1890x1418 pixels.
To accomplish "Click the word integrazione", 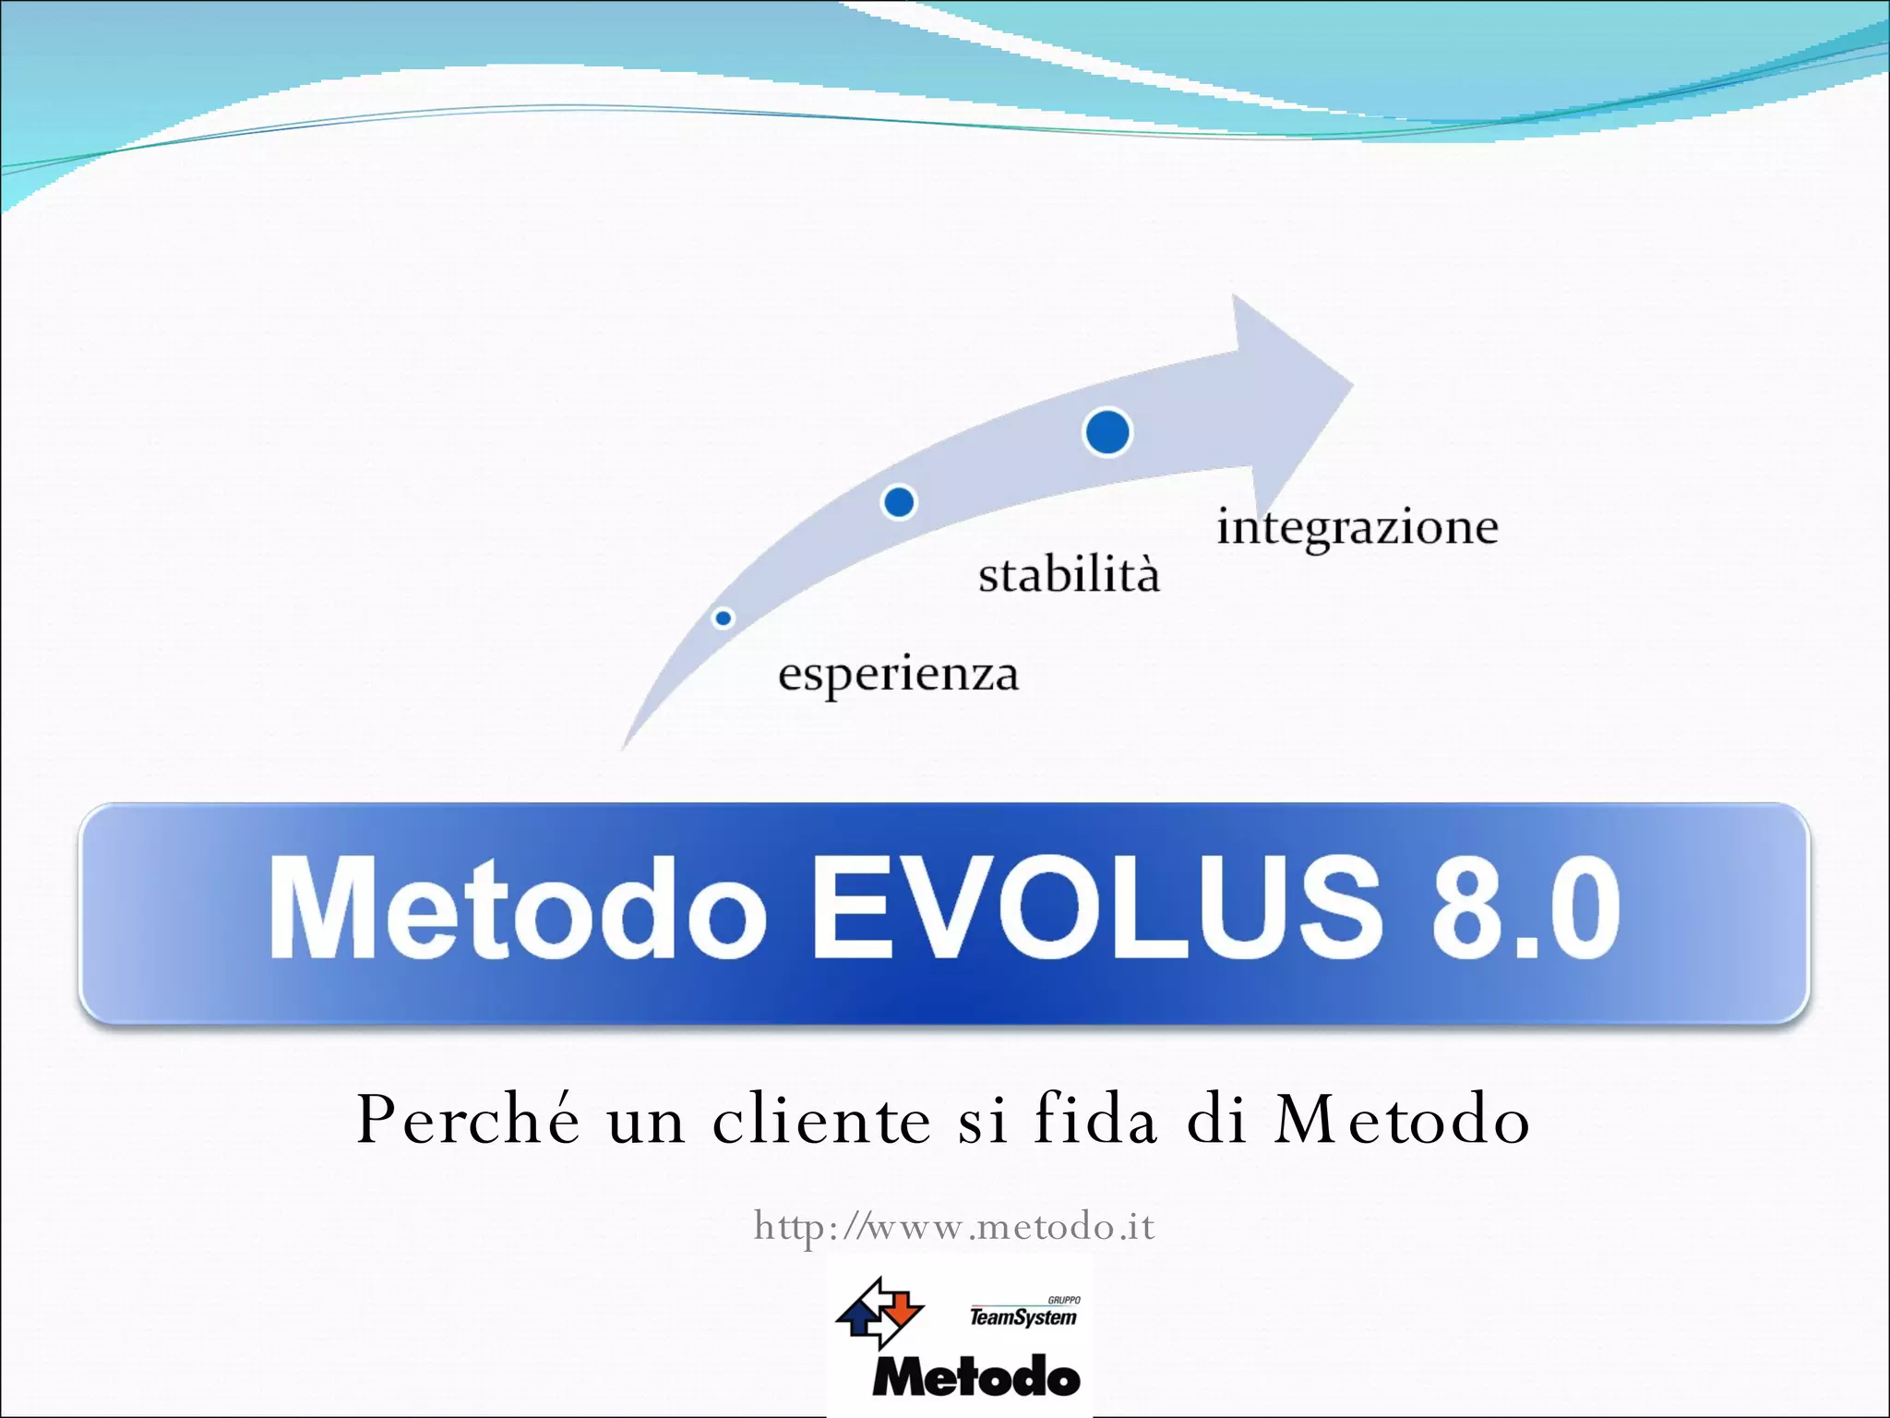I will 1357,528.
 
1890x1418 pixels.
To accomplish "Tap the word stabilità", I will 1069,575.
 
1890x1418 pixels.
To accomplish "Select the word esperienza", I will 898,674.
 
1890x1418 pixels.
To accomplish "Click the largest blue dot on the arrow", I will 1107,432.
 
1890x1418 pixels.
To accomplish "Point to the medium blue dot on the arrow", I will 899,502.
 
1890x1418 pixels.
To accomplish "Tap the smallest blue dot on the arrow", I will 724,619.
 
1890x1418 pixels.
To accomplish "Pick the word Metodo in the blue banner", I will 517,908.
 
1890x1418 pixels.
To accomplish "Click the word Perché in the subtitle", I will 469,1120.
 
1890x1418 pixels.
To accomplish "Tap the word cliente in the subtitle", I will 821,1120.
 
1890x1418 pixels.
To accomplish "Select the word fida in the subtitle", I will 1095,1120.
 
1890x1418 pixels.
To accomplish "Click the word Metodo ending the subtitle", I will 1402,1120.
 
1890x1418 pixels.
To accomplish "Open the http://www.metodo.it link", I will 954,1227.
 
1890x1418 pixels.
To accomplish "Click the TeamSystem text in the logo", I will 1023,1317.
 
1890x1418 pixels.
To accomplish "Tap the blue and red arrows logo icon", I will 879,1312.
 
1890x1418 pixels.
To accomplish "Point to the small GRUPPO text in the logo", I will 1063,1300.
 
